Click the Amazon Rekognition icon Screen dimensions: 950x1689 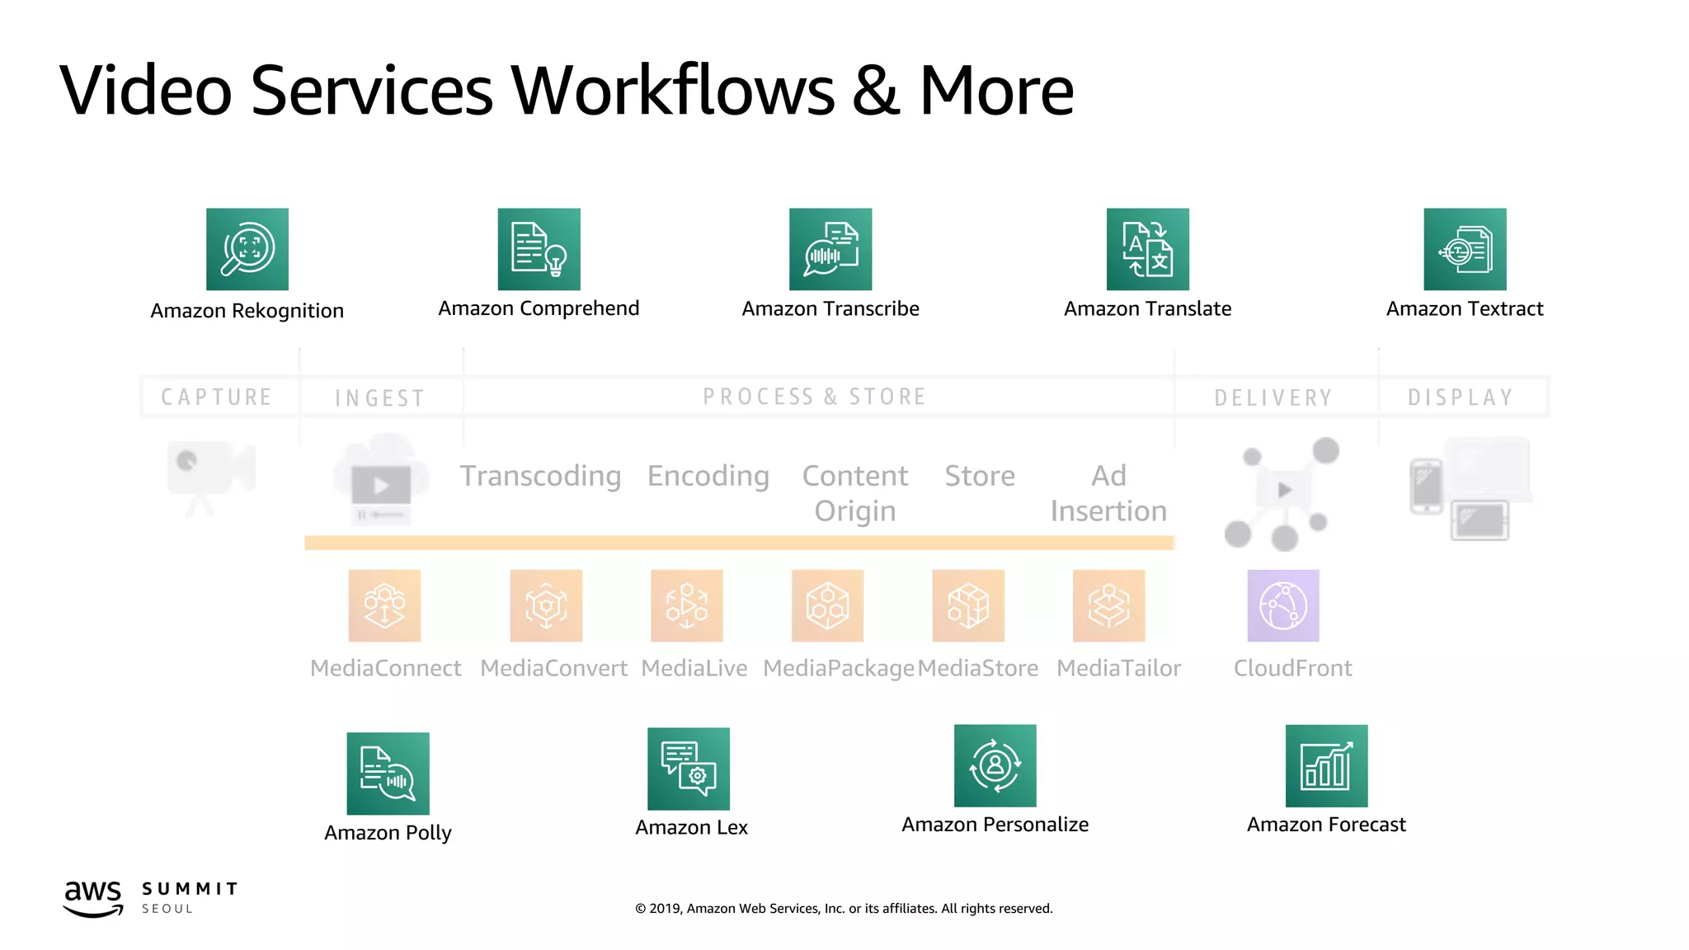[x=247, y=249]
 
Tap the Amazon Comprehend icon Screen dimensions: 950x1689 [x=539, y=249]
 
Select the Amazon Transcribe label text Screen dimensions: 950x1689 [x=830, y=308]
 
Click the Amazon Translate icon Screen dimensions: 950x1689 [x=1147, y=249]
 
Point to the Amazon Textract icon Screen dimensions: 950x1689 [x=1465, y=249]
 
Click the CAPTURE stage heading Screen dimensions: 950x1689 [x=216, y=397]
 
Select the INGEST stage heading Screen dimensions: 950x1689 [x=379, y=398]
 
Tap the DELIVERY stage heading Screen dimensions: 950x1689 [x=1273, y=397]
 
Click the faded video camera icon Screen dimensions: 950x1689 [x=210, y=474]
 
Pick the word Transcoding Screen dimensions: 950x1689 [x=540, y=476]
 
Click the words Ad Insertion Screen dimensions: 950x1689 [x=1108, y=493]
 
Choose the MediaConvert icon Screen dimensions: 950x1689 [x=546, y=605]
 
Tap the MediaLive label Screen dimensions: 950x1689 [x=694, y=668]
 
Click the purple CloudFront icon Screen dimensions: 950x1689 [x=1282, y=605]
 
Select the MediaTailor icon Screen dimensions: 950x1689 [x=1108, y=605]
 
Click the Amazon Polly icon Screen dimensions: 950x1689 [x=388, y=774]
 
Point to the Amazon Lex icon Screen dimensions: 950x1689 [x=689, y=769]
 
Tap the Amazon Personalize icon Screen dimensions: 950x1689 [x=995, y=765]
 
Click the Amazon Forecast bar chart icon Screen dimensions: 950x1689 [x=1326, y=765]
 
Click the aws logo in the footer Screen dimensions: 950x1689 [x=93, y=897]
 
